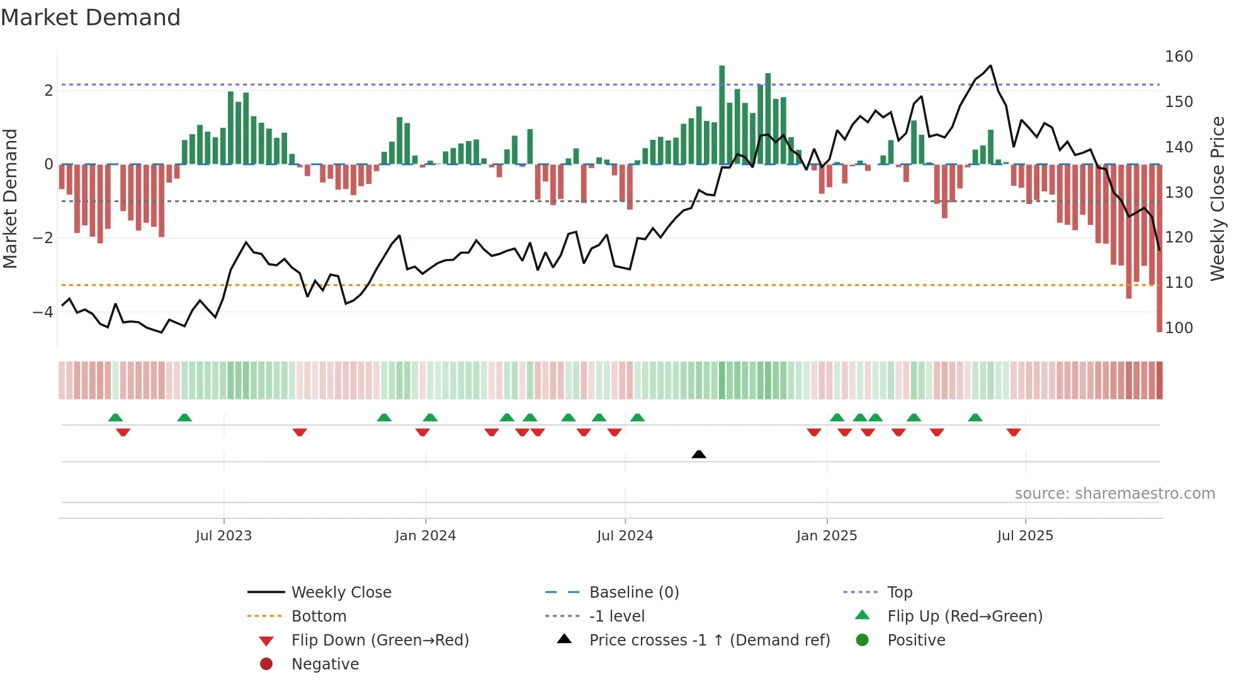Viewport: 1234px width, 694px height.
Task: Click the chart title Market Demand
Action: pos(91,18)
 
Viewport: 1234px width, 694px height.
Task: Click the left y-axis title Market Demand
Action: pos(11,198)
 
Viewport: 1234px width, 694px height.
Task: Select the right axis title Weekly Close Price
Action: pos(1218,198)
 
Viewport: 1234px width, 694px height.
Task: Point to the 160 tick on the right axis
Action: pos(1179,57)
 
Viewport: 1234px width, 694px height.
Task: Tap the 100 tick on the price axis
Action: pos(1179,328)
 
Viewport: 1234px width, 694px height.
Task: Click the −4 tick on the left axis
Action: pos(43,312)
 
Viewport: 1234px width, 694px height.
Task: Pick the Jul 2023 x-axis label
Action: pos(224,536)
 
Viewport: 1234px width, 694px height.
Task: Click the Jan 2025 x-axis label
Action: pos(827,536)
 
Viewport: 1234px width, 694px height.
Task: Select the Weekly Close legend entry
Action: pos(341,593)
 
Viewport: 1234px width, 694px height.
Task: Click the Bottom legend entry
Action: pos(319,617)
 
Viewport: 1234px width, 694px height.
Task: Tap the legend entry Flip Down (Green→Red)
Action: pos(380,640)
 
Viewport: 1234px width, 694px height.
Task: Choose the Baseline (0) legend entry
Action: pos(633,593)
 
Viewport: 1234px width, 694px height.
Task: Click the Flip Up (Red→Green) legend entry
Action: pos(965,617)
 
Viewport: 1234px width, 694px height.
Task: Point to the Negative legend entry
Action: pos(325,664)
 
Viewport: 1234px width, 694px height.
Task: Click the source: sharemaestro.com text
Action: pos(1114,494)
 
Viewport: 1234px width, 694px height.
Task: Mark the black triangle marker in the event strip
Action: pos(699,454)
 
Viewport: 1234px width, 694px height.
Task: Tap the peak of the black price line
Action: pos(990,65)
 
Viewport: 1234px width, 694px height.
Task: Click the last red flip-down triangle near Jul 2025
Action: pos(1014,432)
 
